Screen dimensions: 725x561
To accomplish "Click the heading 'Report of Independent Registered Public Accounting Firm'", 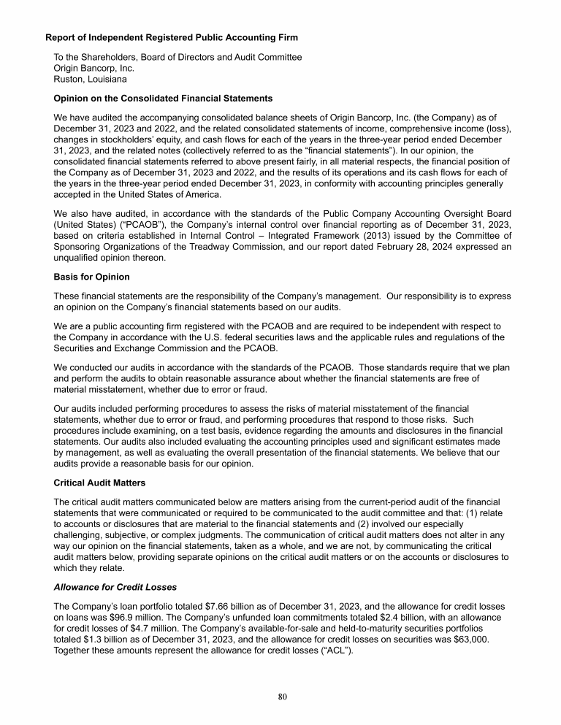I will pyautogui.click(x=171, y=37).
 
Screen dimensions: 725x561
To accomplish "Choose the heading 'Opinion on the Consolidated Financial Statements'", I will pyautogui.click(x=164, y=98).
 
